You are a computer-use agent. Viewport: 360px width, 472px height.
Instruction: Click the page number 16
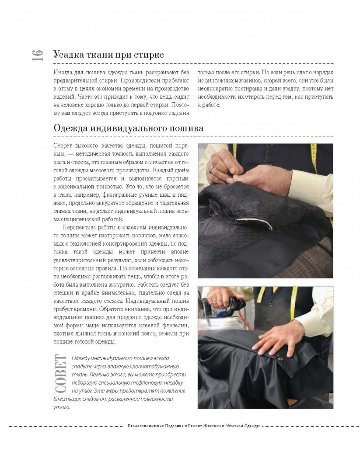tap(37, 55)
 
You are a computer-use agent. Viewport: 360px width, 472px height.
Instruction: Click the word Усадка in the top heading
tap(68, 55)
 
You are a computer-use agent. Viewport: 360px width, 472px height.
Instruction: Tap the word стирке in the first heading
tap(148, 55)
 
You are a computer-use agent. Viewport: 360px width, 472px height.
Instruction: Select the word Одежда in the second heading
tap(70, 128)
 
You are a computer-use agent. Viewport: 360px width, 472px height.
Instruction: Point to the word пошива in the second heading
tap(186, 128)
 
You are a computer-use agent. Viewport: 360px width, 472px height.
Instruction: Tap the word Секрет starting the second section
tap(63, 146)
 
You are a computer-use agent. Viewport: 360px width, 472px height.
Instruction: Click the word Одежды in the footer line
tap(251, 426)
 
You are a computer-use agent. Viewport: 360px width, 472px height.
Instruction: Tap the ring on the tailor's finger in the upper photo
tap(211, 168)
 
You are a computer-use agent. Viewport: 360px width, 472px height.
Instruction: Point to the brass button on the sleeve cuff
tap(280, 359)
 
